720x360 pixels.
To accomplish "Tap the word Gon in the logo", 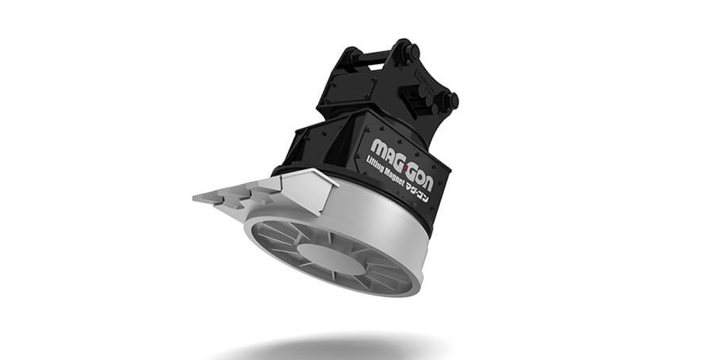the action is click(x=419, y=176).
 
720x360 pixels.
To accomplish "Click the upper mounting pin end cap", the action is click(x=413, y=51).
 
